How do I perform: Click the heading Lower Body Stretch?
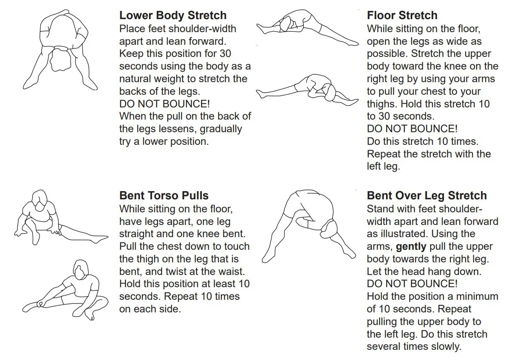point(173,16)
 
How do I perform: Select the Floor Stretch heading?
point(402,16)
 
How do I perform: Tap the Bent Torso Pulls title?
point(164,196)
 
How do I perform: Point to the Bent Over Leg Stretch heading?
point(427,196)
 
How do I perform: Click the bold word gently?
point(411,247)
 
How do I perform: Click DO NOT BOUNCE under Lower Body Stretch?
point(165,104)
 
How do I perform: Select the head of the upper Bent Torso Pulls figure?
point(39,202)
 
